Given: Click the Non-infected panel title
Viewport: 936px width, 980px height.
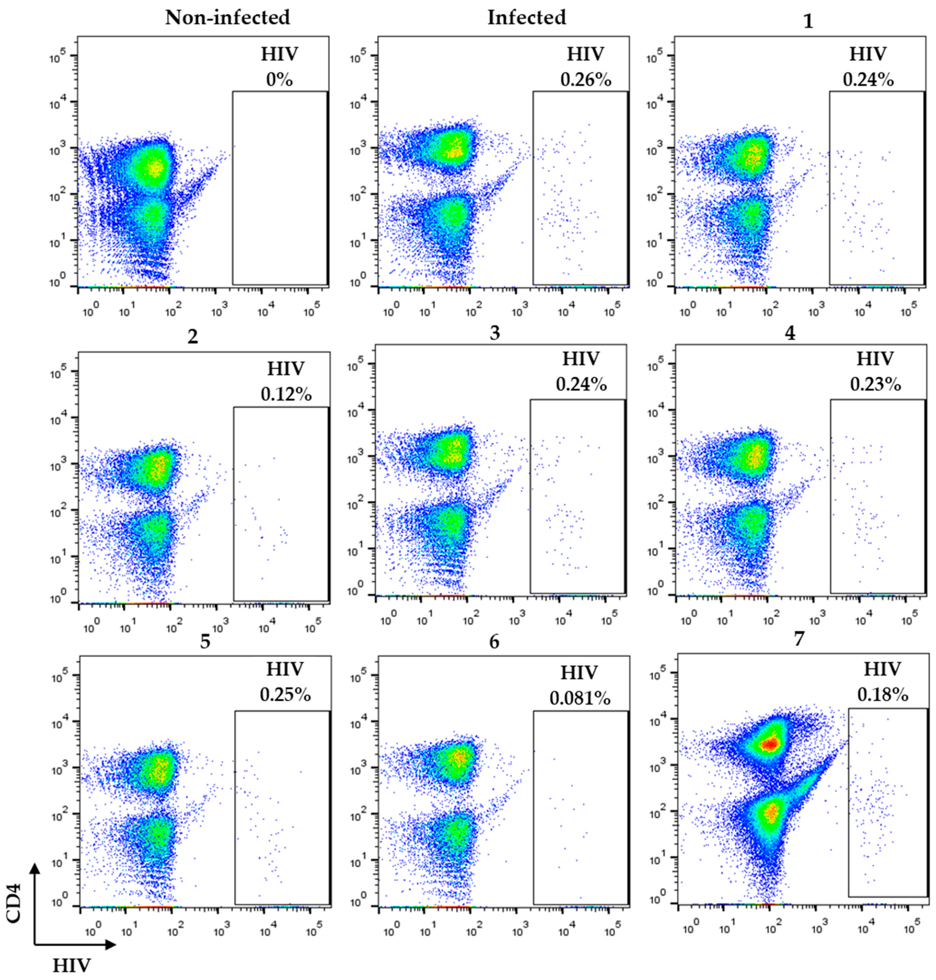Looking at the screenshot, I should click(228, 18).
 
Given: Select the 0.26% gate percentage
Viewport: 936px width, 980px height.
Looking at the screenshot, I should click(586, 80).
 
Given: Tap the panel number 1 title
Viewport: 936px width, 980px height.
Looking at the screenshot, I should click(808, 22).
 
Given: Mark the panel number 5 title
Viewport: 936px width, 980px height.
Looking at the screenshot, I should click(205, 642).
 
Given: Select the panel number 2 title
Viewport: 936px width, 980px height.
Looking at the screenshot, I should click(193, 337).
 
